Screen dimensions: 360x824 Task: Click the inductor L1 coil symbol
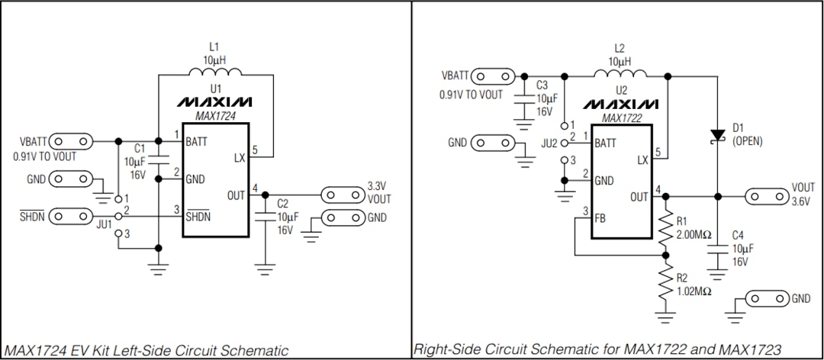tap(215, 73)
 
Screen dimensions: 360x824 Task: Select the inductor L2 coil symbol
tap(620, 74)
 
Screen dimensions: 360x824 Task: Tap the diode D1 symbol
tap(716, 135)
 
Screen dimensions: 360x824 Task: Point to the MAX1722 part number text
tap(620, 118)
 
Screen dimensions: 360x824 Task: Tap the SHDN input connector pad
tap(70, 216)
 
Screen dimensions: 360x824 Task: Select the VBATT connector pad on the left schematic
tap(70, 142)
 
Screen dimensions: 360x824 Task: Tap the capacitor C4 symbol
tap(716, 250)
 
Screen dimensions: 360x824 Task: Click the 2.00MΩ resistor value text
tap(694, 234)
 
